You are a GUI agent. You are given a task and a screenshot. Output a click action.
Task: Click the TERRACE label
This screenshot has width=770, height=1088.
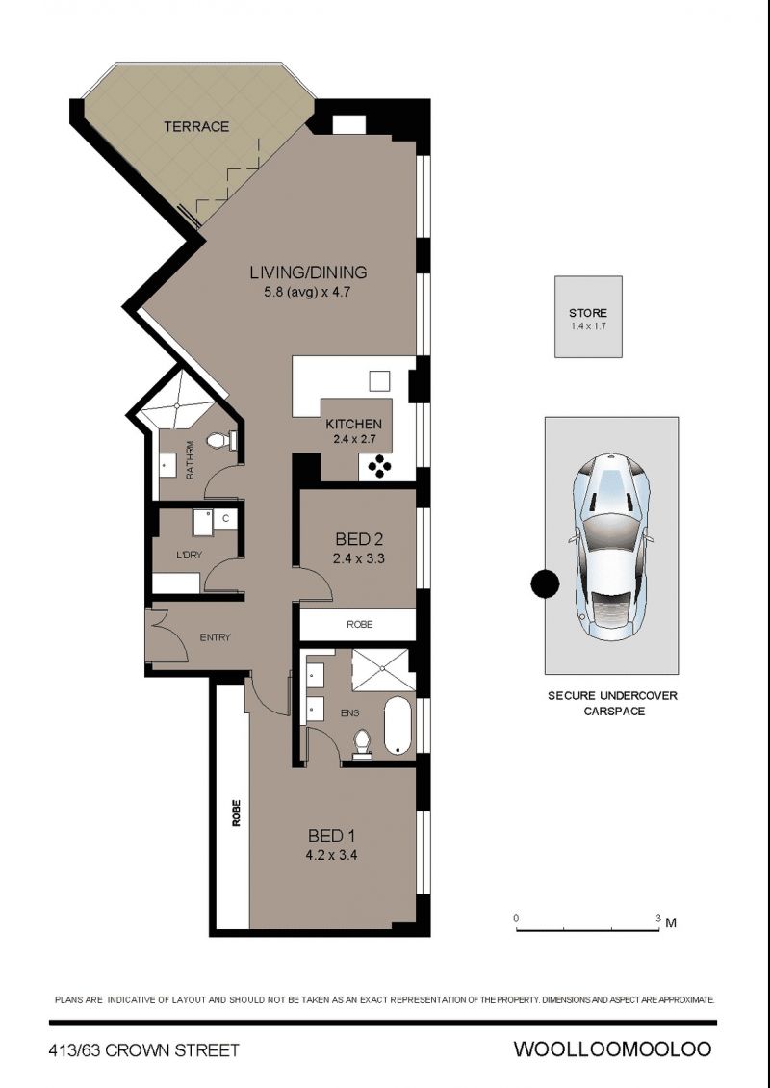point(196,126)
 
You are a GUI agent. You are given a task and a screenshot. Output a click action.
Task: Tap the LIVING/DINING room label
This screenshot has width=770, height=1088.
point(309,272)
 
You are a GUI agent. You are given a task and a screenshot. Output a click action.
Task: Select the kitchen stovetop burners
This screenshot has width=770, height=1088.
point(379,467)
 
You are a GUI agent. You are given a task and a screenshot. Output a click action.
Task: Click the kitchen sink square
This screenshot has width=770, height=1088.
point(379,381)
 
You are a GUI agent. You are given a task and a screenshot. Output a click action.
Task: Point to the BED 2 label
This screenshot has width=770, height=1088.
point(359,538)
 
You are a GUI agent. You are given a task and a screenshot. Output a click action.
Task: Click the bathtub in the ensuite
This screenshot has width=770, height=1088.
point(398,727)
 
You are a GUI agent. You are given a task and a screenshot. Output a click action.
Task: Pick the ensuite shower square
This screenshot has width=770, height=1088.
point(383,669)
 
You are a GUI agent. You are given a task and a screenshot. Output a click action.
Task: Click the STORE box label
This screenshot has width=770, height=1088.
point(587,313)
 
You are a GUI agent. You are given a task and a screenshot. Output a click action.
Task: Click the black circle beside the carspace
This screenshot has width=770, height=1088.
point(545,584)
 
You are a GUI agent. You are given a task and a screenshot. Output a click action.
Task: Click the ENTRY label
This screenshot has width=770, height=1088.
point(215,637)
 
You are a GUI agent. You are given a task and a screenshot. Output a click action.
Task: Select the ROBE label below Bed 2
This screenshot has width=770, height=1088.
point(360,625)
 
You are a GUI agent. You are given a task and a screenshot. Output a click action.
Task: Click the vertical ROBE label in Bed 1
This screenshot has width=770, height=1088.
point(237,813)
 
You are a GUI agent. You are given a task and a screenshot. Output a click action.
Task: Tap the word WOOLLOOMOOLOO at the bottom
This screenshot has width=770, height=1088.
point(612,1049)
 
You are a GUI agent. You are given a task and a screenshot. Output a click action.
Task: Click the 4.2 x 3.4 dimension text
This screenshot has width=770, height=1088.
point(331,856)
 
